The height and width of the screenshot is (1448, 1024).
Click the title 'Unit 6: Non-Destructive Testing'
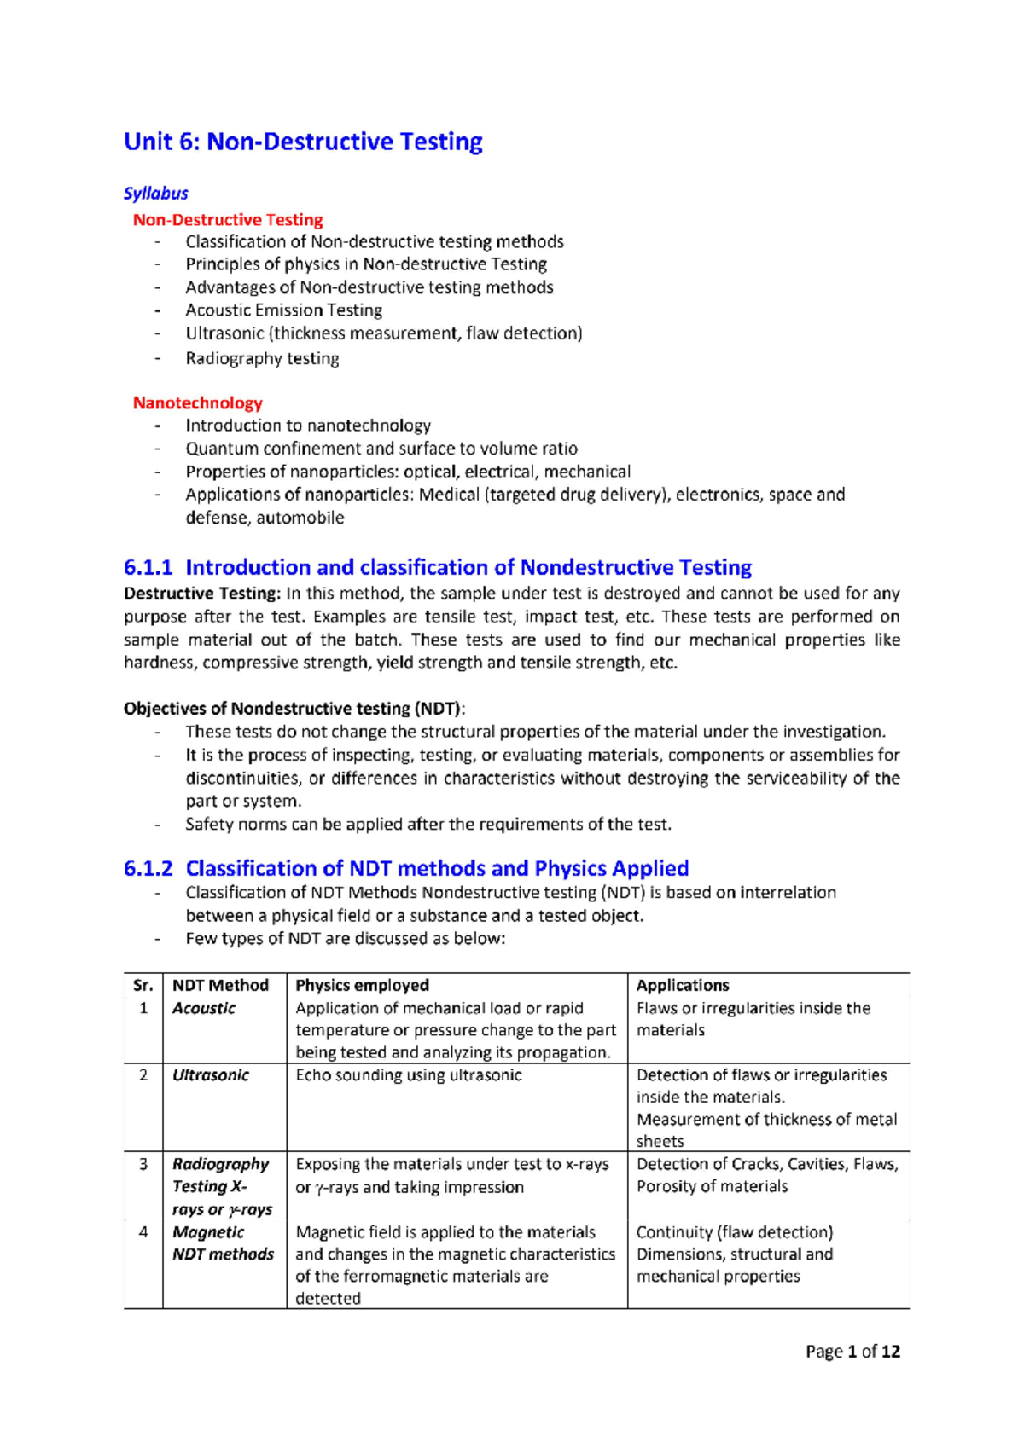(x=303, y=142)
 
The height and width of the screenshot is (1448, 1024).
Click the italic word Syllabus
(x=155, y=194)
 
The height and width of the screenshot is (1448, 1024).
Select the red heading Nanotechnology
(x=197, y=403)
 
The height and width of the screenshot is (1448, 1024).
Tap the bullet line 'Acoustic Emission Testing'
(x=283, y=310)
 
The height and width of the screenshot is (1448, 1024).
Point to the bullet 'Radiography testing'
(x=262, y=358)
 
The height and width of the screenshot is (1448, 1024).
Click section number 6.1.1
(x=148, y=567)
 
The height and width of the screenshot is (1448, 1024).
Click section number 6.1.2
(x=148, y=868)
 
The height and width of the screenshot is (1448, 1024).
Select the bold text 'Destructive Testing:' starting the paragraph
(x=201, y=594)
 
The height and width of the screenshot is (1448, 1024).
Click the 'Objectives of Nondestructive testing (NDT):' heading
(x=294, y=709)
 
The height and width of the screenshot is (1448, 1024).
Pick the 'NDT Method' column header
(x=220, y=985)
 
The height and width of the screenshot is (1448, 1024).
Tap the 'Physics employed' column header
(x=362, y=985)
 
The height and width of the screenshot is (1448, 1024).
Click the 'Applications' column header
(x=683, y=985)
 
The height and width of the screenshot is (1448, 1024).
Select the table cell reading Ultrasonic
(x=210, y=1075)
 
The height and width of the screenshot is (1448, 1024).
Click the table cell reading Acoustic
(x=203, y=1008)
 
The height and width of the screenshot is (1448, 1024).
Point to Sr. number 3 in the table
(x=143, y=1164)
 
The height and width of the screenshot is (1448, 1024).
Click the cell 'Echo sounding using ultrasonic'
(x=408, y=1075)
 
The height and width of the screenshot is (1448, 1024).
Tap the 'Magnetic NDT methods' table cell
(x=223, y=1243)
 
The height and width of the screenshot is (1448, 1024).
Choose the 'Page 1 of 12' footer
(x=852, y=1352)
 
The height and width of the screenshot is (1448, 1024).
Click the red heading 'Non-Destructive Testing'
(x=227, y=220)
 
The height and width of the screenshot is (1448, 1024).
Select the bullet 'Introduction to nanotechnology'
(x=308, y=426)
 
